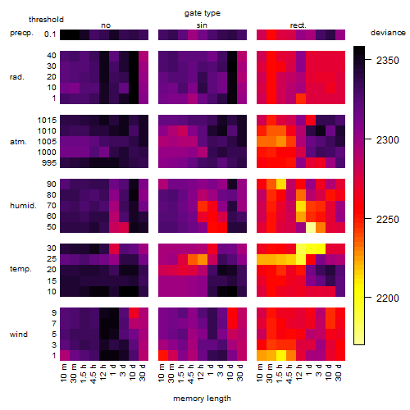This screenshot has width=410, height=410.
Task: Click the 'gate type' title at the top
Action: click(x=203, y=13)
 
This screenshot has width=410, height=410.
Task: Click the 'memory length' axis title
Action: click(x=202, y=399)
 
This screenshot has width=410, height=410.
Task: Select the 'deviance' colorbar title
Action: click(x=388, y=33)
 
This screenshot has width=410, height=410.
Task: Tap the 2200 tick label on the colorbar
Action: click(x=387, y=298)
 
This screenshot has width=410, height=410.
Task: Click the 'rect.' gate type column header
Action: click(x=298, y=25)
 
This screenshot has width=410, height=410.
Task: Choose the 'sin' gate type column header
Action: click(x=202, y=25)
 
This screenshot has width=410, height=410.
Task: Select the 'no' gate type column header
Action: click(x=106, y=25)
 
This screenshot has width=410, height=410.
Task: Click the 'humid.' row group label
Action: click(x=23, y=206)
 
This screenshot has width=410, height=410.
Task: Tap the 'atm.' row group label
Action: click(x=18, y=142)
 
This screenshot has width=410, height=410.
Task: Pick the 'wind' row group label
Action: click(x=19, y=335)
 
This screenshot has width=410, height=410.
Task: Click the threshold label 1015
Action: click(x=47, y=121)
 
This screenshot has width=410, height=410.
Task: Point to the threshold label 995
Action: click(x=49, y=163)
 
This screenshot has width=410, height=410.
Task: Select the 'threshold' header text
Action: click(x=46, y=20)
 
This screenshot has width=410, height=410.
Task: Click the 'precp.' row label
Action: click(x=21, y=33)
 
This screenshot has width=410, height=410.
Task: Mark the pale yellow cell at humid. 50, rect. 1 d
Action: click(x=311, y=227)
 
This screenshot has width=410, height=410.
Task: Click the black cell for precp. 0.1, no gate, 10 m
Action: click(x=65, y=35)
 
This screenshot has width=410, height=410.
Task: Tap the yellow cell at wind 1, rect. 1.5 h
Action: click(x=281, y=356)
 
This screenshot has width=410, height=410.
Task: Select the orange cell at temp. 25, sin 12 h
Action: click(x=203, y=259)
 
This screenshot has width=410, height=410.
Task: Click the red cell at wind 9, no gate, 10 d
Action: click(x=134, y=313)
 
